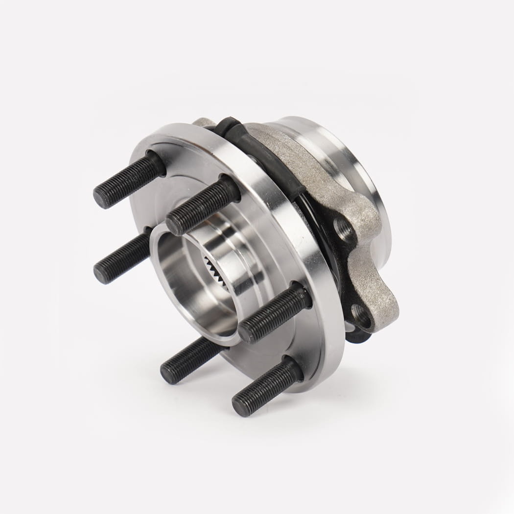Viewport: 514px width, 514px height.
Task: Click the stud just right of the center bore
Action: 274,313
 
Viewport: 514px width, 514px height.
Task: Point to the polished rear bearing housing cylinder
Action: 343,162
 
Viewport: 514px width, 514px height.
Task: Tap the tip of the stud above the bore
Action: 174,224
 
